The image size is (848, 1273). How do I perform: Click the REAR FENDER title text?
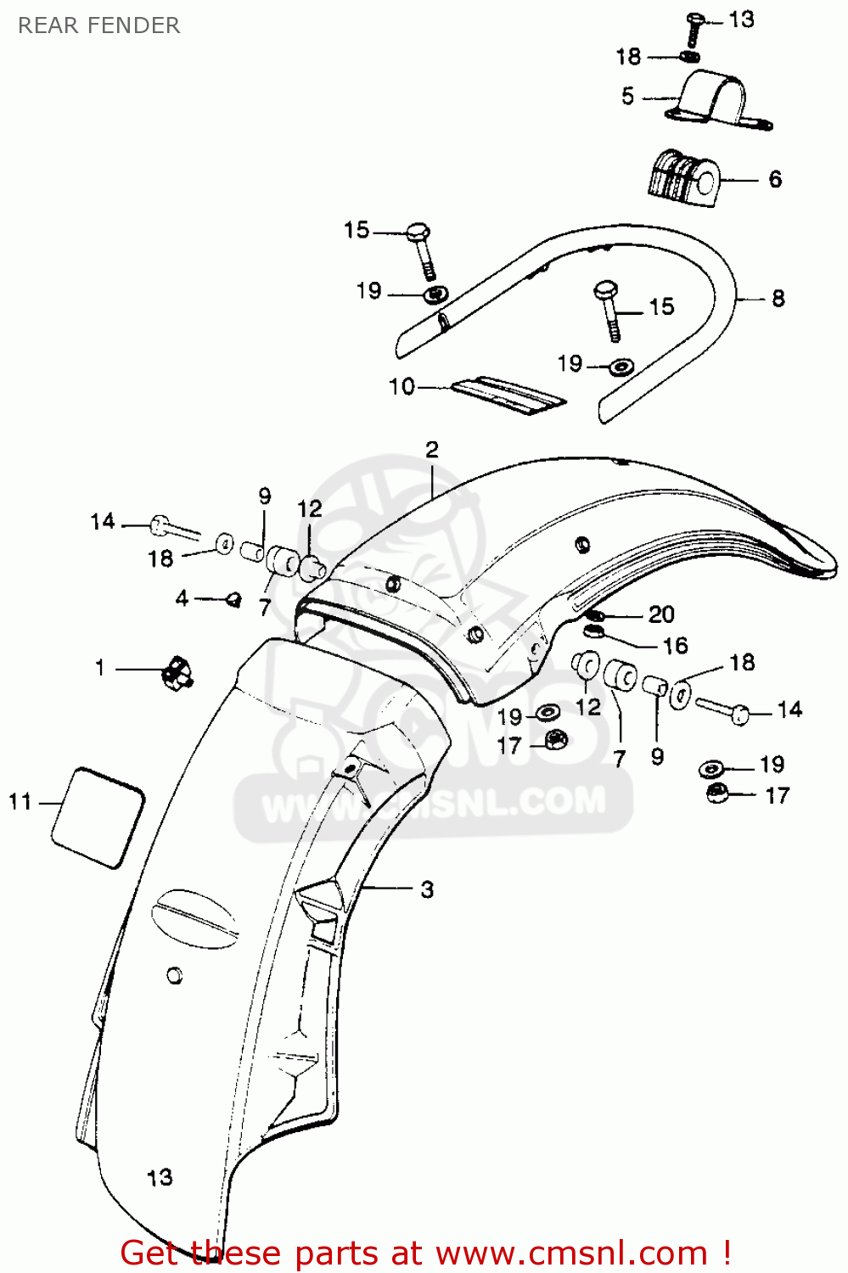coord(99,25)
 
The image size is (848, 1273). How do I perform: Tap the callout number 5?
coord(627,96)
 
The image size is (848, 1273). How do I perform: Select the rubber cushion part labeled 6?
coord(682,178)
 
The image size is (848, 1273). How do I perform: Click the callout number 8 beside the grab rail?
coord(778,299)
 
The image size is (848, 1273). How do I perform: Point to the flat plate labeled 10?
coord(508,395)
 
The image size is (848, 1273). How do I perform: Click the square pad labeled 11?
coord(98,817)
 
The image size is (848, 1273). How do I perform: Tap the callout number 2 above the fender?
coord(432,450)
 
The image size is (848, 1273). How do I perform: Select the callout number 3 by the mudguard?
coord(428,889)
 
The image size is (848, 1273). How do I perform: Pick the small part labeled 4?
coord(233,599)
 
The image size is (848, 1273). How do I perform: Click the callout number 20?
coord(661,614)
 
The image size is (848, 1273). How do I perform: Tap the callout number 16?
coord(675,646)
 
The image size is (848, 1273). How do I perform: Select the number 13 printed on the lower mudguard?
coord(159,1178)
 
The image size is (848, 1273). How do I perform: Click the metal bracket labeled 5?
coord(717,101)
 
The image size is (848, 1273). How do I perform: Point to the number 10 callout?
coord(402,387)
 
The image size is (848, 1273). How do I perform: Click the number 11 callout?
coord(20,802)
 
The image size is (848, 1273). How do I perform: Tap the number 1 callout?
coord(100,669)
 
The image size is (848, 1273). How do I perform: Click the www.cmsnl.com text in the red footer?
coord(575,1253)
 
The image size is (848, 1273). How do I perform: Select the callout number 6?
coord(775,179)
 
